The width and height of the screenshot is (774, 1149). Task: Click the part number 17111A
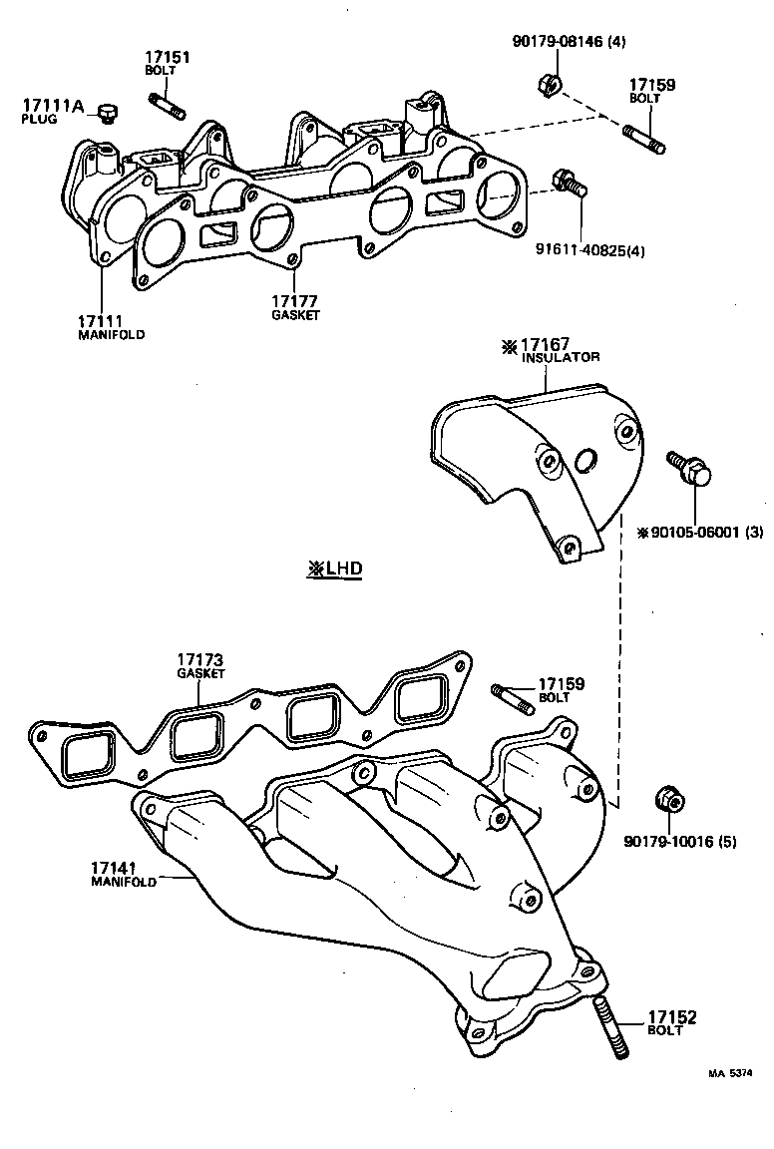pos(53,105)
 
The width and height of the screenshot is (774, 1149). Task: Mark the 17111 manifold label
pos(110,327)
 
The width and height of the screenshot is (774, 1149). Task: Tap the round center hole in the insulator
pos(586,460)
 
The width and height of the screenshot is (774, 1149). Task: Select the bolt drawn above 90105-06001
pos(687,470)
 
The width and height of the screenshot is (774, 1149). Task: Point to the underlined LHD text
pos(335,570)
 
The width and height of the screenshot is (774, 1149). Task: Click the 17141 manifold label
pos(124,875)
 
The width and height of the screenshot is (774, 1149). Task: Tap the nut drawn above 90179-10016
pos(669,800)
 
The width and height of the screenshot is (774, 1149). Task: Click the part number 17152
pos(672,1018)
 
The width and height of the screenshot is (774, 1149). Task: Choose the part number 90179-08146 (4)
pos(556,41)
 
